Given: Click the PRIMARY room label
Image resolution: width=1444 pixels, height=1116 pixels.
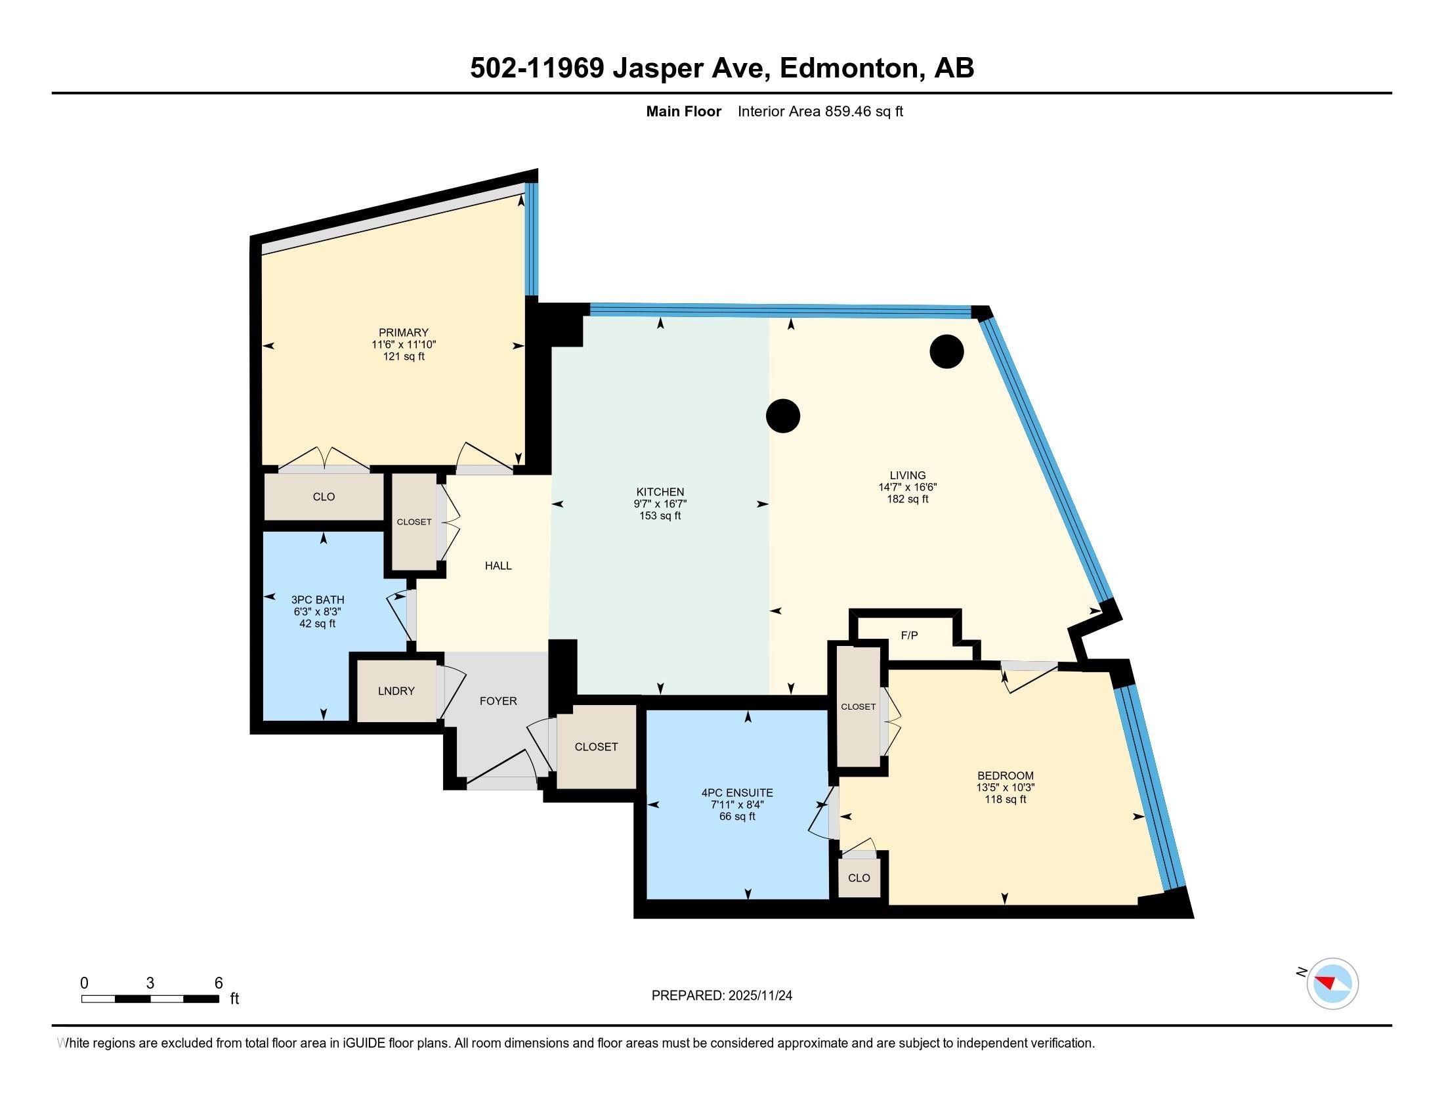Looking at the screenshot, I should click(403, 333).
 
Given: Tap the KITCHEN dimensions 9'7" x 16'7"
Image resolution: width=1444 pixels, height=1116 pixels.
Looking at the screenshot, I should click(660, 504).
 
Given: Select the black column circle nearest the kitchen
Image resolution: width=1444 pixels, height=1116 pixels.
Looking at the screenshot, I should click(783, 416).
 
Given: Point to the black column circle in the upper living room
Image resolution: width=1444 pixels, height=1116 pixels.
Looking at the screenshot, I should click(946, 352).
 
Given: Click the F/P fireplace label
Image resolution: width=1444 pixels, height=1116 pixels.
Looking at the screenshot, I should click(909, 635).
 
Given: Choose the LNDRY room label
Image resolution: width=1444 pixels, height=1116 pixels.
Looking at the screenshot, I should click(396, 691).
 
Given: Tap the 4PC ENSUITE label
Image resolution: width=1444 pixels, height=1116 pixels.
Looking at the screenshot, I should click(736, 793).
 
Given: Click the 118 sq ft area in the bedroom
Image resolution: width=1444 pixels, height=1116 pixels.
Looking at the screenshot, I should click(1005, 800).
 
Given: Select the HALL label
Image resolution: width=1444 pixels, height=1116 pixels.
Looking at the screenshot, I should click(498, 565).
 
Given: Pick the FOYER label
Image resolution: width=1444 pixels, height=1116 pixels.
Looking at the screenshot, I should click(498, 701).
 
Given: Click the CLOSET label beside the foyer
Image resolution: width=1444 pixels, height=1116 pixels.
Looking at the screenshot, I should click(596, 746).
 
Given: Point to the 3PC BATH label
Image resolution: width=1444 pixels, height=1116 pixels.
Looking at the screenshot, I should click(318, 599).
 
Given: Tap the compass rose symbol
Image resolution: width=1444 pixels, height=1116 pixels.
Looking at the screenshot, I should click(1332, 983).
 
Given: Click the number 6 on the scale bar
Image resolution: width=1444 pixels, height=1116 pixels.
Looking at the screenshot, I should click(219, 983).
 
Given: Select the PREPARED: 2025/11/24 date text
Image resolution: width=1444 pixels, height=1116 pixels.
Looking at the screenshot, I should click(721, 996).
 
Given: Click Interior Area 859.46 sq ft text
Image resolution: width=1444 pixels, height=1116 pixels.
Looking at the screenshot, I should click(820, 112).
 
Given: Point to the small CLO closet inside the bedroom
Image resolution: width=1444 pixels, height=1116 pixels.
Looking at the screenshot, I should click(859, 878).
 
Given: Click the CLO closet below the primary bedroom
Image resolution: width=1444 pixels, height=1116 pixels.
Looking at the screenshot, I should click(324, 496).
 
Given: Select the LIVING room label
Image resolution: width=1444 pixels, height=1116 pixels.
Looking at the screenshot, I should click(907, 475).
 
